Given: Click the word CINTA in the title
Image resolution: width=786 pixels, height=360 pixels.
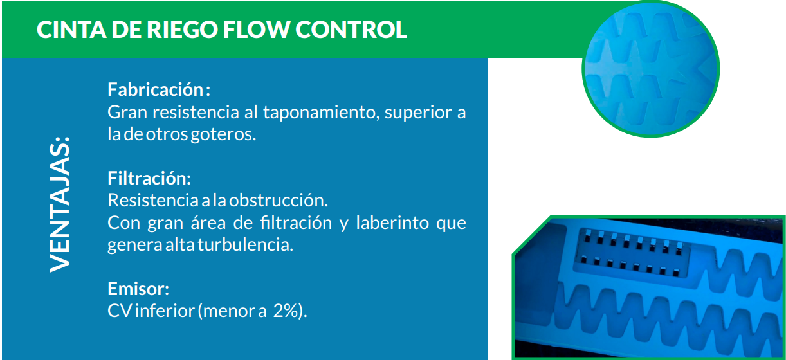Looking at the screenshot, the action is (x=71, y=30).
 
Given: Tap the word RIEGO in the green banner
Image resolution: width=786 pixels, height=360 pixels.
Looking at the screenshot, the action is (x=183, y=30).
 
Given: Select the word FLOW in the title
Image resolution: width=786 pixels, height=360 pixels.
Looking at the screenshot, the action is (x=257, y=30).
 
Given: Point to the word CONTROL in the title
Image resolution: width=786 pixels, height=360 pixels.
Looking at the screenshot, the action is (x=351, y=30).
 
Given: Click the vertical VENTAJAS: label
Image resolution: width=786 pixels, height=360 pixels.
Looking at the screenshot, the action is (x=60, y=204).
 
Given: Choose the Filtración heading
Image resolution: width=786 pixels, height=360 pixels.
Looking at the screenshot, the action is (x=149, y=178).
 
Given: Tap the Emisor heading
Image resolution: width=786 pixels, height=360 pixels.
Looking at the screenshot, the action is (x=138, y=289).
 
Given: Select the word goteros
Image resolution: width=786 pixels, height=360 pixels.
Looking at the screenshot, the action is (x=224, y=134).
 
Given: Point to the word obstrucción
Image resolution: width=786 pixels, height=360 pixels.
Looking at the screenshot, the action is (x=279, y=201).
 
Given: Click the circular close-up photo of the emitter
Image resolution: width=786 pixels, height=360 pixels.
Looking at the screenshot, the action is (x=651, y=69).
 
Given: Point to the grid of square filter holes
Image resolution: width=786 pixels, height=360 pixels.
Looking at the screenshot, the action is (x=632, y=253).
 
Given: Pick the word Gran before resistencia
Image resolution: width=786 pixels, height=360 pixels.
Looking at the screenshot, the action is (x=127, y=112).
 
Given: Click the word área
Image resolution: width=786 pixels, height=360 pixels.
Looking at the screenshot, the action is (x=208, y=222).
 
